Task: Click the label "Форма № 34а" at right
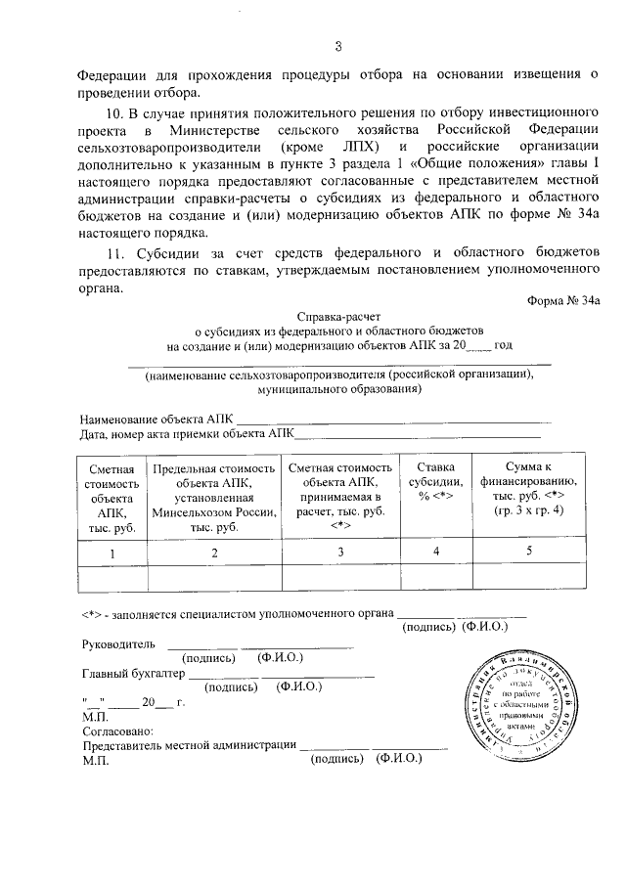click(x=563, y=301)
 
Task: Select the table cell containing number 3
click(x=340, y=553)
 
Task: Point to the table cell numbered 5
click(x=528, y=553)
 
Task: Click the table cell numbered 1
click(x=112, y=553)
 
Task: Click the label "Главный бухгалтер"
click(x=132, y=674)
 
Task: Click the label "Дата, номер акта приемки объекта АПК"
click(x=188, y=434)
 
